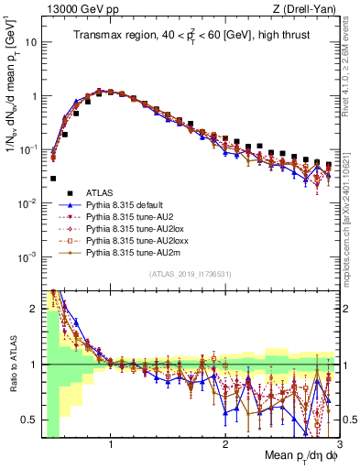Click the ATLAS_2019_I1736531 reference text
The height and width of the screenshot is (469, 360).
(x=188, y=274)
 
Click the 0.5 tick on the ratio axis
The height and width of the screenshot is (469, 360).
(x=30, y=420)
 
